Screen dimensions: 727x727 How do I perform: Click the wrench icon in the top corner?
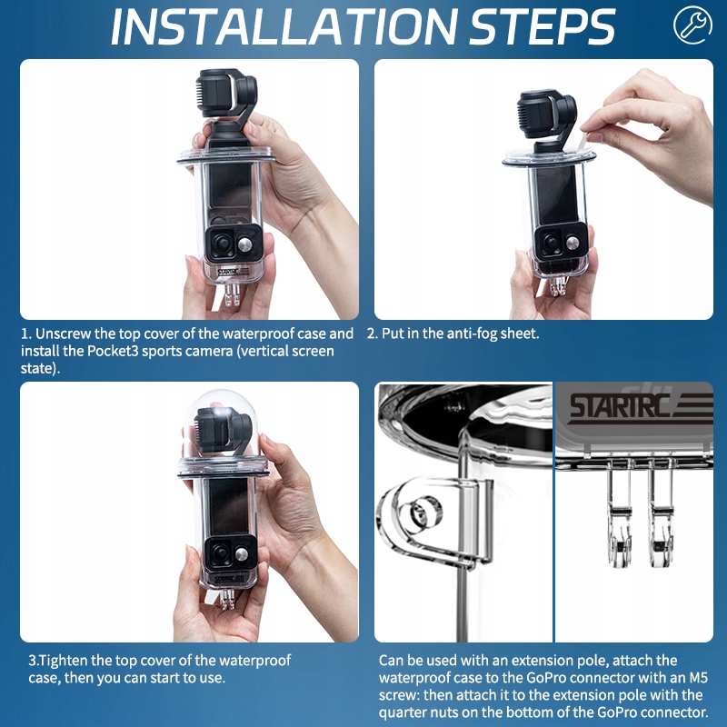coord(692,25)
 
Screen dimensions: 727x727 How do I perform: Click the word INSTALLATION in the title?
coord(284,26)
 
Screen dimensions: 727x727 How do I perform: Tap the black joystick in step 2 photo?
coord(552,242)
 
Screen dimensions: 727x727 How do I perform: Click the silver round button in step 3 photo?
coord(242,553)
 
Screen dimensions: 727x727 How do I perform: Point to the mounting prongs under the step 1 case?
coord(232,294)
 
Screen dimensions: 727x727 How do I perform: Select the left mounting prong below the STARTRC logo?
coord(619,519)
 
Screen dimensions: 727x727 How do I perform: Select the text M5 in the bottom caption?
coord(699,677)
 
